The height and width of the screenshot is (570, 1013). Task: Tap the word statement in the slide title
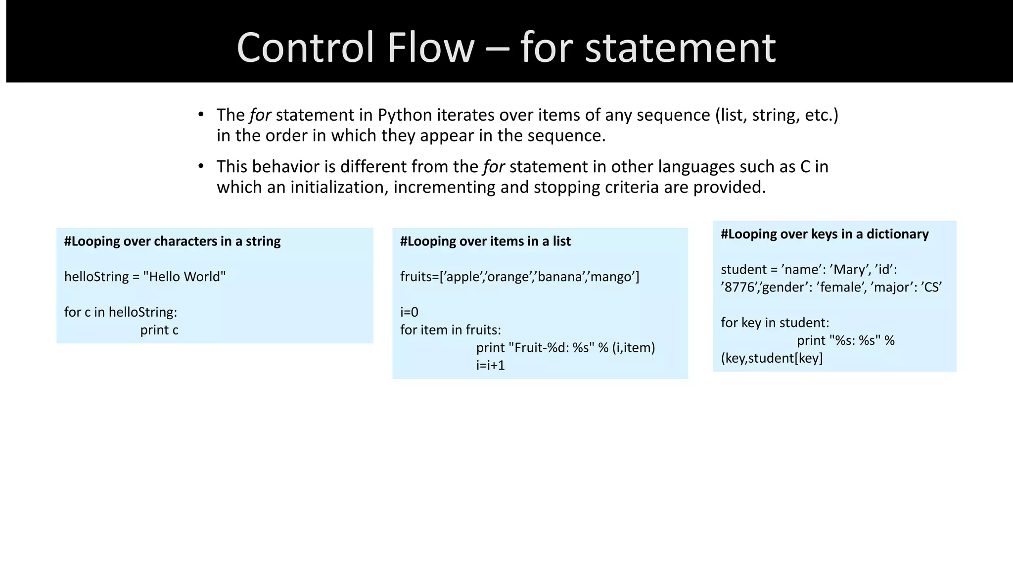680,48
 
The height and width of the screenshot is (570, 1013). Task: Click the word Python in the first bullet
405,115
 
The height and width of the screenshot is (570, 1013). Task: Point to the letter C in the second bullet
805,167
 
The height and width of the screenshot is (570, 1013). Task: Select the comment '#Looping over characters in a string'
172,241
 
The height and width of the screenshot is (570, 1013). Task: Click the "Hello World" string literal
184,277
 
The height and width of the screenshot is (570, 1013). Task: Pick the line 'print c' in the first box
159,330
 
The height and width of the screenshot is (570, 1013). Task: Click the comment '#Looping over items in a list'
485,241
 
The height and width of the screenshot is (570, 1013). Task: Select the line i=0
409,312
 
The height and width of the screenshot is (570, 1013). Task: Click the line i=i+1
490,366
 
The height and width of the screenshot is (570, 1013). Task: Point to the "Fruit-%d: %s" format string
551,348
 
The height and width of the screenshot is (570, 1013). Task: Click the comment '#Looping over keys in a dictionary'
825,234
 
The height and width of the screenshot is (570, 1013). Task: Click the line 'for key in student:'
775,323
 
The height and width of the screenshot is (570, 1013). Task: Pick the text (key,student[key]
772,358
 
